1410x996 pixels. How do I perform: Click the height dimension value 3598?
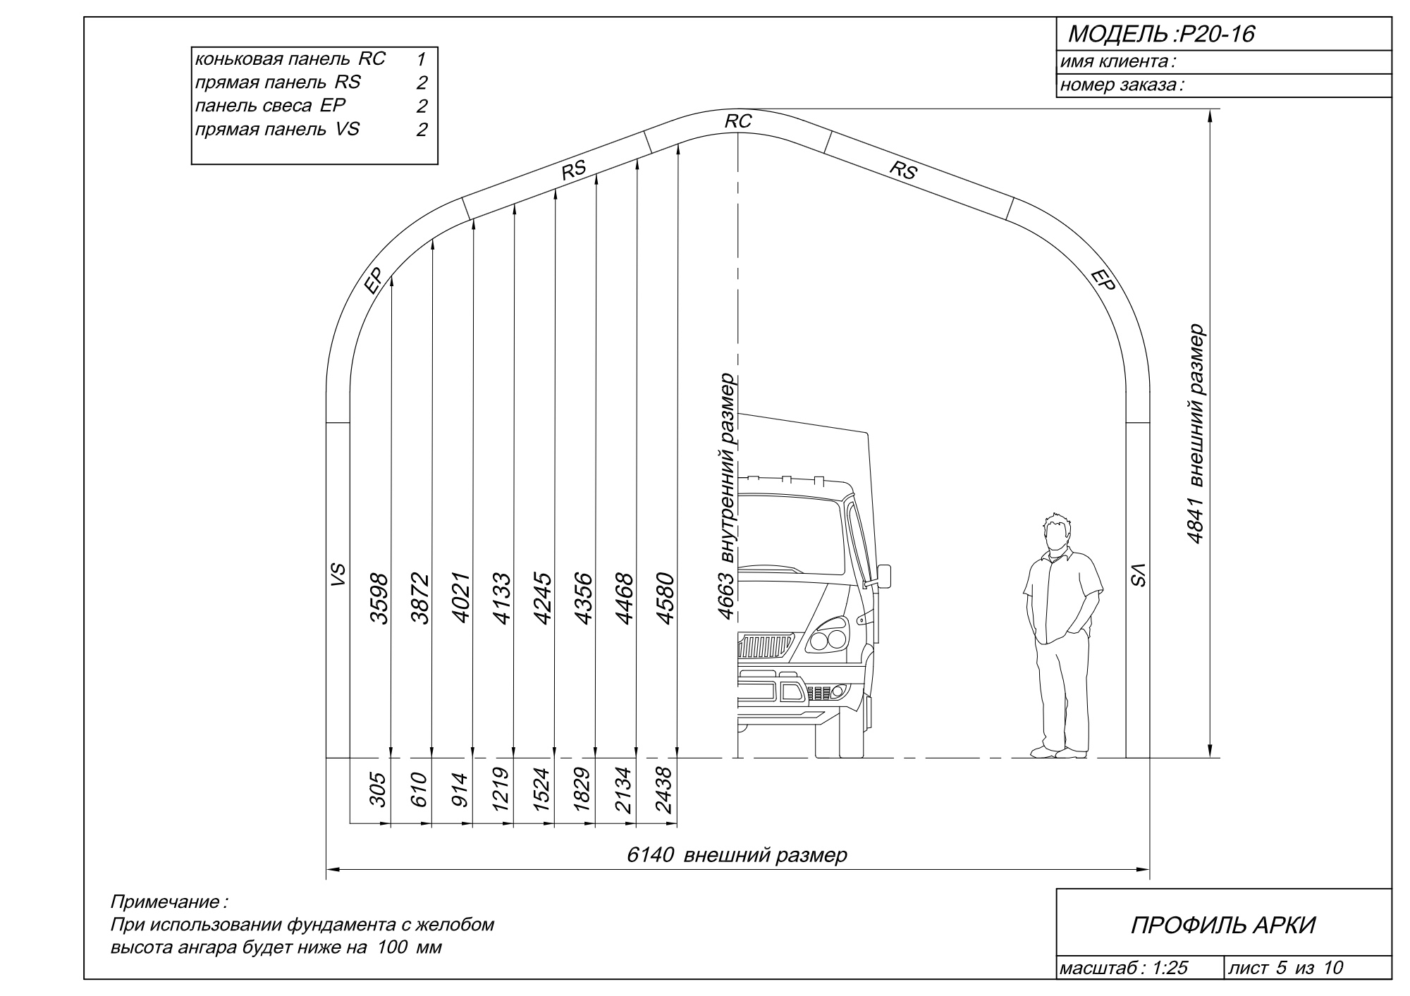379,598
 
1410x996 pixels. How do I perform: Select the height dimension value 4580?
666,598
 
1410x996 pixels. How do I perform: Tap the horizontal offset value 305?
379,789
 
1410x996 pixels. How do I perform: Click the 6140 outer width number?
649,855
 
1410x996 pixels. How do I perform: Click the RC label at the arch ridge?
738,121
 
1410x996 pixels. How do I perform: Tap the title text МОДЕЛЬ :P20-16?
1161,34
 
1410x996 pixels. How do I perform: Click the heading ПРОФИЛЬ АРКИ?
1223,926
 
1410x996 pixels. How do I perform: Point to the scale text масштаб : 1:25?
1123,968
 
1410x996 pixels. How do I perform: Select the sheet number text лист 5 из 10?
1285,968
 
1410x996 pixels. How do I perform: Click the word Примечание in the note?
166,902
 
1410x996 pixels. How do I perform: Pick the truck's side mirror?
883,575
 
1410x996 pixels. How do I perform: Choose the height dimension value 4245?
543,598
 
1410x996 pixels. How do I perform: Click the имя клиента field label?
1116,62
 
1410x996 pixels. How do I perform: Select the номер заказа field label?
1121,86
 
